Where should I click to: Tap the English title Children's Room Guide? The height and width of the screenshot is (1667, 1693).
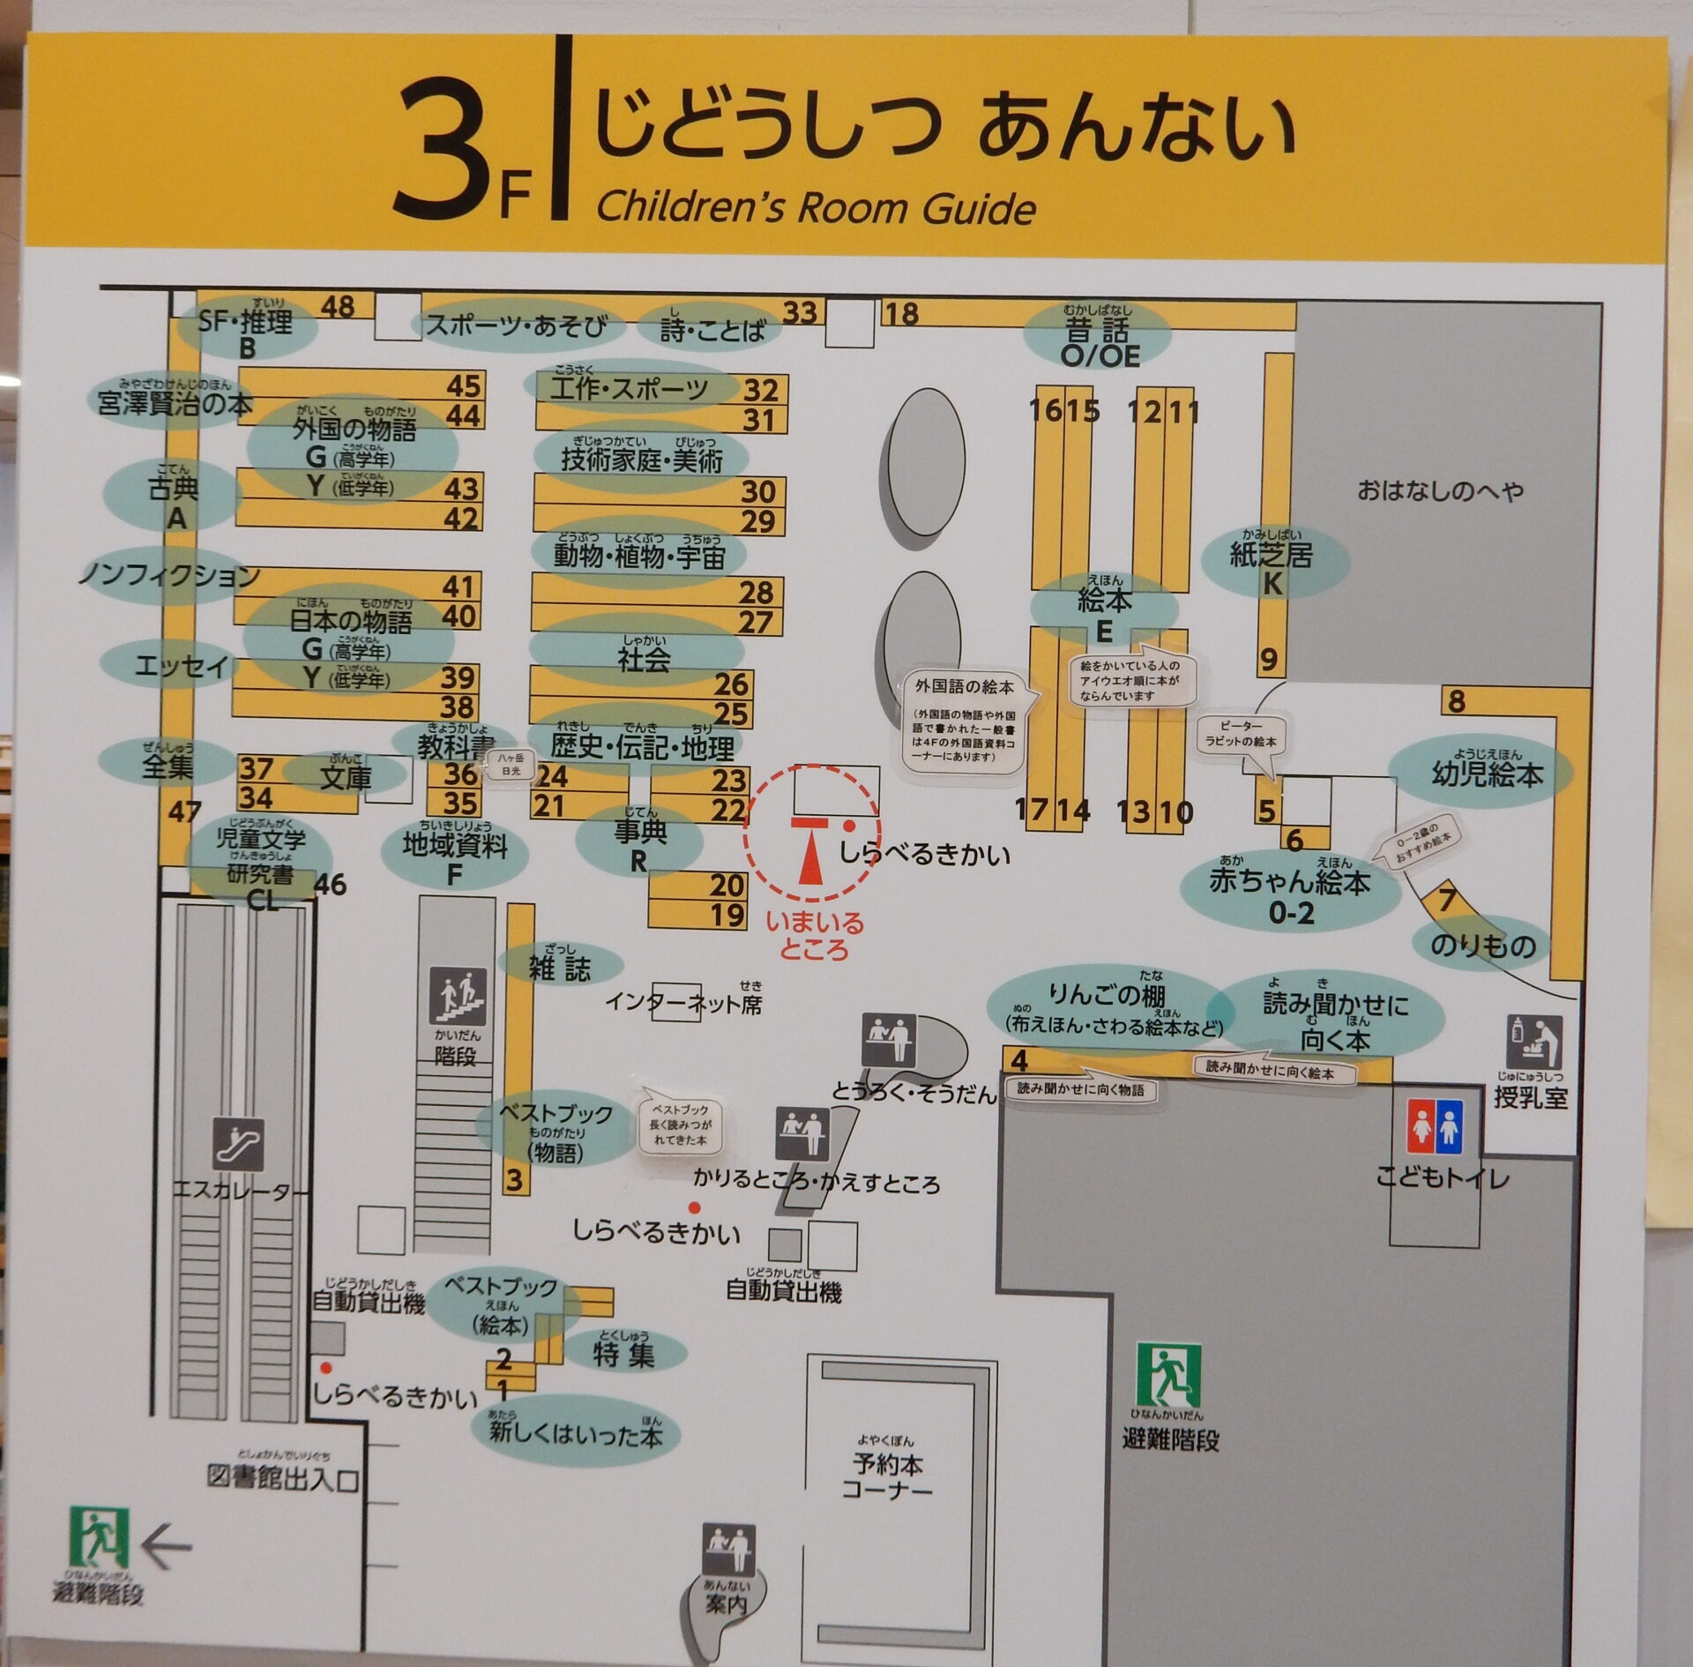click(x=816, y=208)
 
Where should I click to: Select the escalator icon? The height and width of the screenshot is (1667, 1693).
click(x=238, y=1144)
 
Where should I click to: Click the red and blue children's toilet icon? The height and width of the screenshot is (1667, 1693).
click(x=1434, y=1126)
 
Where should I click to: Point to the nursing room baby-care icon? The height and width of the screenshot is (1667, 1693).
click(x=1533, y=1042)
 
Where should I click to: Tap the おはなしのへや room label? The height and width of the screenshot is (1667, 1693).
click(x=1440, y=490)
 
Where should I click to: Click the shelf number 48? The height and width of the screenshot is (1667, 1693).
click(x=338, y=306)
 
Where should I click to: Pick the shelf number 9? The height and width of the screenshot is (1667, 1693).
click(x=1268, y=659)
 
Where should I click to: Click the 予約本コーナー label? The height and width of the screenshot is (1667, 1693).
click(x=887, y=1476)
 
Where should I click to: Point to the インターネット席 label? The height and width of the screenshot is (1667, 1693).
click(x=683, y=1003)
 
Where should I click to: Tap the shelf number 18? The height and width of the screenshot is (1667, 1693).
click(x=901, y=313)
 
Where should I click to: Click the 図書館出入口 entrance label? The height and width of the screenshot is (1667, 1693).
click(x=283, y=1477)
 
